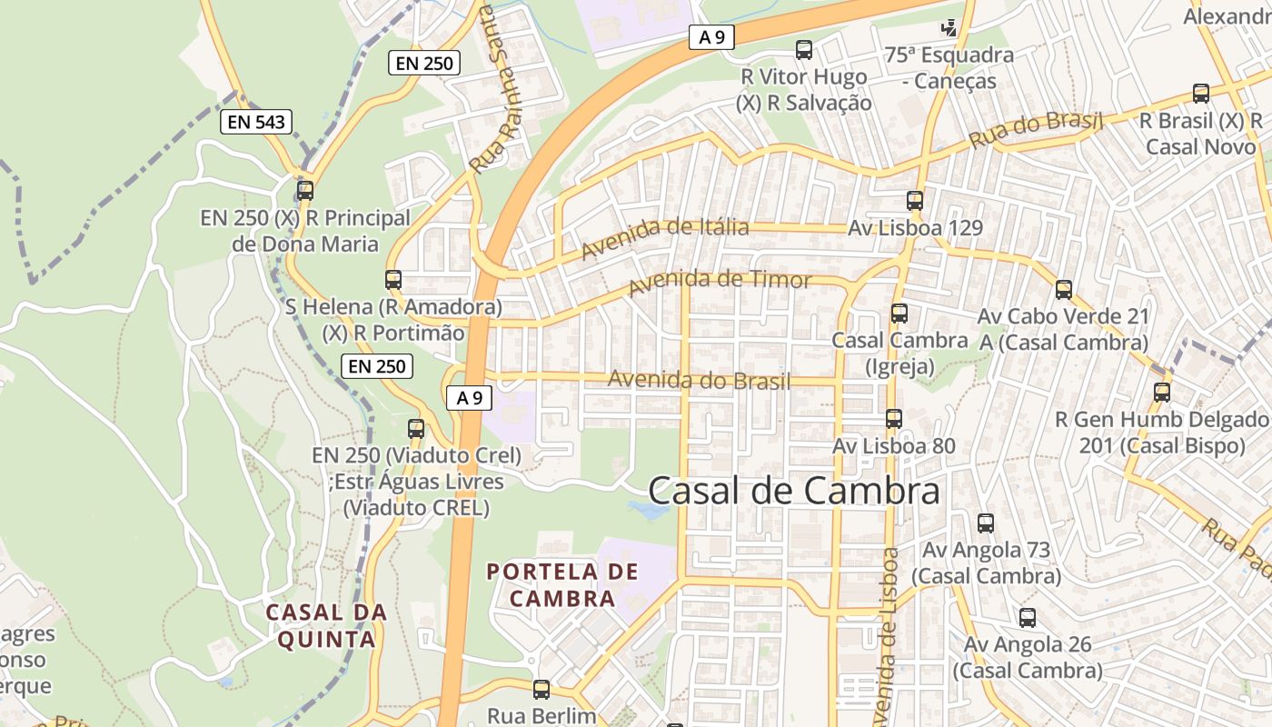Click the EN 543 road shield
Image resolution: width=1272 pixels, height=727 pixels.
256,121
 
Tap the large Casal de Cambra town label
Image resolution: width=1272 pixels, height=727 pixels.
794,492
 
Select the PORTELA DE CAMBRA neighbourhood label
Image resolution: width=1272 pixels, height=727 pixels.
562,585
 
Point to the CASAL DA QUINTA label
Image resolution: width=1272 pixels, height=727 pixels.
326,625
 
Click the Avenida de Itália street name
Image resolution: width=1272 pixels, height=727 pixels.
665,235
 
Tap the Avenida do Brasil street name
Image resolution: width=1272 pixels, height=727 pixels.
699,380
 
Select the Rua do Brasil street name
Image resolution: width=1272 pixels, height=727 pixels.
1036,131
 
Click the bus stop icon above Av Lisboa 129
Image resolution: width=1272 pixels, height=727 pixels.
915,201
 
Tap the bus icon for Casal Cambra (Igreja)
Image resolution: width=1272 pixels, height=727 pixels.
899,314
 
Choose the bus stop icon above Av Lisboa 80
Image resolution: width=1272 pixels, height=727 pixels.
894,419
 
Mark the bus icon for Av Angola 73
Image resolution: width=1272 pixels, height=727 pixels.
986,523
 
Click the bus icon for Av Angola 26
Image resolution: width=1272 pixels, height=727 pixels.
1028,618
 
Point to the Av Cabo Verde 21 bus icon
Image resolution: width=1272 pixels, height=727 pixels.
1064,290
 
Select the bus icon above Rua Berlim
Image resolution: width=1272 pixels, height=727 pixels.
542,690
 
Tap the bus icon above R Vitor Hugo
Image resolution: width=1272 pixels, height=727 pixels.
804,50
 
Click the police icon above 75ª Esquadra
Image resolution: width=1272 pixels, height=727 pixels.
949,28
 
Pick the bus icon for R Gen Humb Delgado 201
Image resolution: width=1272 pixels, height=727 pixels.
1162,393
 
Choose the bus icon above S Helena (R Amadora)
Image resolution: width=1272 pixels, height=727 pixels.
393,280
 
